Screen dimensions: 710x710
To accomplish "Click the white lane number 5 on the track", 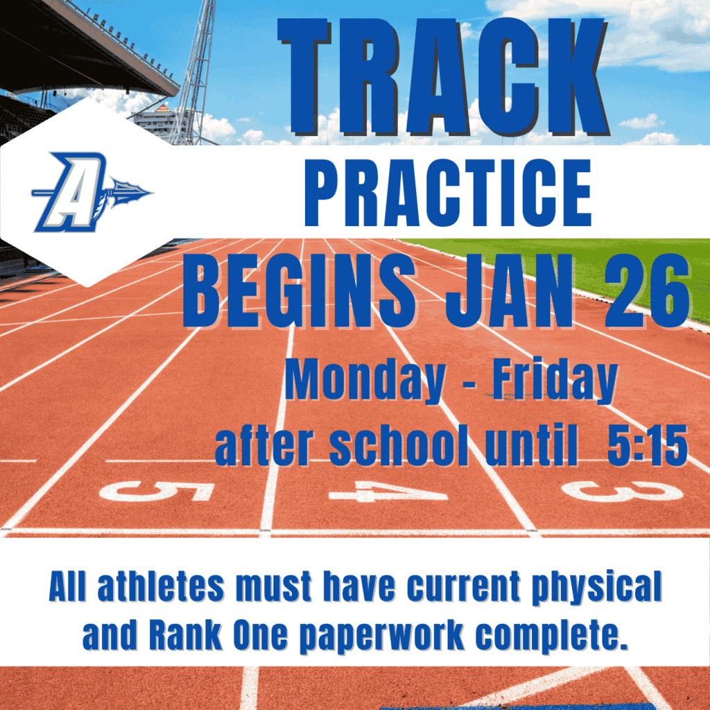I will coord(157,492).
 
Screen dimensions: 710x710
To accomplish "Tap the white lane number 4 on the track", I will coord(388,491).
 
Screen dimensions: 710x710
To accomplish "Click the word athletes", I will coord(161,588).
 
